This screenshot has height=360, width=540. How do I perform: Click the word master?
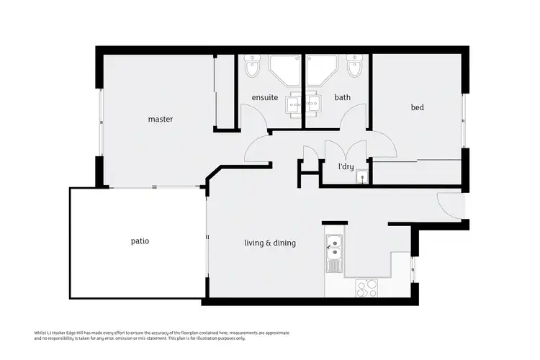[161, 119]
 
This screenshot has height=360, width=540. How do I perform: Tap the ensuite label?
[264, 97]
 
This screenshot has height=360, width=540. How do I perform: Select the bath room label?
[342, 97]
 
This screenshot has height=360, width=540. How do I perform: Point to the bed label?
[417, 107]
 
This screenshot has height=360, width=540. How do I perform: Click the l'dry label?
[346, 166]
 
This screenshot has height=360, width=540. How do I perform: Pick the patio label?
[140, 240]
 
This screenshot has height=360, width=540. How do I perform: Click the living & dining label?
[270, 243]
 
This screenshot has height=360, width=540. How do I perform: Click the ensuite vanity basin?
[293, 105]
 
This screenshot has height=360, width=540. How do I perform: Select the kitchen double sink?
[334, 248]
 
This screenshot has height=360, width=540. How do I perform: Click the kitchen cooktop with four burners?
[367, 287]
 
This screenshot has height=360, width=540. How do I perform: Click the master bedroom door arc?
[258, 150]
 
